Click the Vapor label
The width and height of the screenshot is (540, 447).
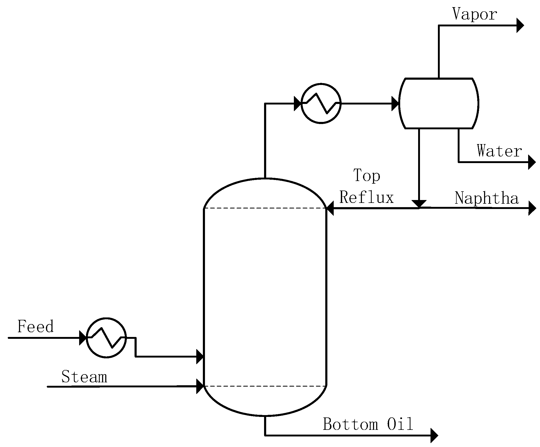[x=474, y=14]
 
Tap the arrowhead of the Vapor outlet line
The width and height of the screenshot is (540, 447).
[x=520, y=25]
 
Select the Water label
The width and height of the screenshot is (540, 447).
[x=499, y=151]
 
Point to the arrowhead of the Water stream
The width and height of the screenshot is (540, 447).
[x=532, y=162]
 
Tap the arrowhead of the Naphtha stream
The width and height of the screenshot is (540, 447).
[x=532, y=208]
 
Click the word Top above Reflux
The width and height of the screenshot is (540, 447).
[x=367, y=175]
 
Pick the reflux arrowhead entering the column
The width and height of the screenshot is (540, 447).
[x=330, y=208]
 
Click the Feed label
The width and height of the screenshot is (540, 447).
[x=35, y=326]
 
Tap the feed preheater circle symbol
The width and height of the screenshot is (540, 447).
[x=106, y=338]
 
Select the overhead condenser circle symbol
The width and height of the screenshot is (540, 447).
[x=321, y=103]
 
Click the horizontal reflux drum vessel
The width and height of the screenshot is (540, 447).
[x=438, y=103]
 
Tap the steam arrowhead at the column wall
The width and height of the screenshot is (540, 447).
[x=200, y=386]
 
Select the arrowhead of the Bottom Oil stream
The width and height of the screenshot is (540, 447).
[x=434, y=435]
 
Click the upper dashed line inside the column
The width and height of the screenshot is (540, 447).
[x=265, y=208]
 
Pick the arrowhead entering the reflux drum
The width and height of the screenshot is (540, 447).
[x=395, y=103]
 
